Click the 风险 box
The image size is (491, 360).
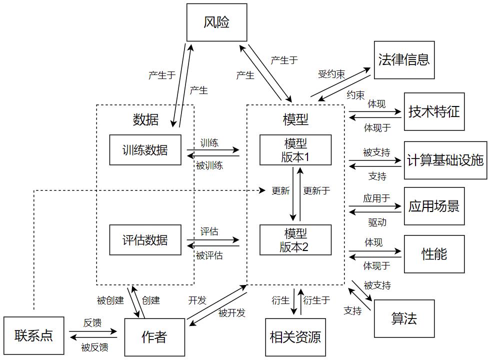coord(216,22)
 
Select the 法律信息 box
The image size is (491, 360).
coord(404,60)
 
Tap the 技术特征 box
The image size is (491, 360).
coord(434,111)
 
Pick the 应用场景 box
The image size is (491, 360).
coord(434,206)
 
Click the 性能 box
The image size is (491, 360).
coord(434,254)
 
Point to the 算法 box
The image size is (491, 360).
coord(404,318)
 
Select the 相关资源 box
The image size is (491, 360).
coord(295,337)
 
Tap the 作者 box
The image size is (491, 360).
coord(154,337)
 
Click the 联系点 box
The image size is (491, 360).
coord(33,335)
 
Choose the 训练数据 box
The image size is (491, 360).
coord(145,150)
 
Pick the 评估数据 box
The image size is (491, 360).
coord(145,240)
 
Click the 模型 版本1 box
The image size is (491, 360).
coord(295,150)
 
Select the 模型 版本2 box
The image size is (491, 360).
coord(295,240)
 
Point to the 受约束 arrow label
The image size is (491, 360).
coord(331,74)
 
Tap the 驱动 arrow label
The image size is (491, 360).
coord(377,221)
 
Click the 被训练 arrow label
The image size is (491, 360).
coord(209,165)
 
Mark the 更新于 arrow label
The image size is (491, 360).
coord(317,190)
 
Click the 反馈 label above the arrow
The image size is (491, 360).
coord(92,323)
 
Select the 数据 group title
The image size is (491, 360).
coord(145,119)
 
